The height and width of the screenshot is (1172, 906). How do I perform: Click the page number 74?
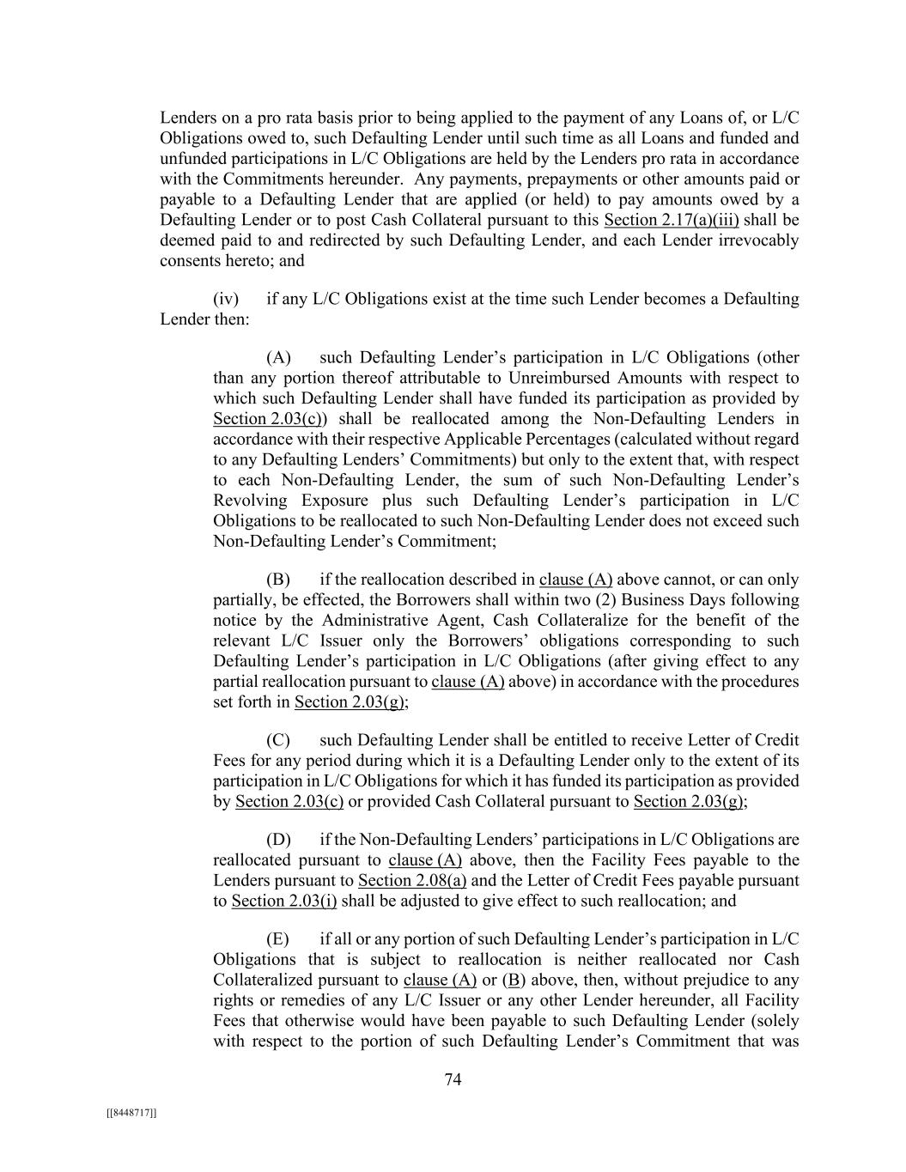tap(453, 1080)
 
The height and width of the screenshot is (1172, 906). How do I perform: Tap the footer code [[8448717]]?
tap(131, 1113)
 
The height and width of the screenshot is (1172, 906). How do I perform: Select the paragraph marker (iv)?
tap(226, 299)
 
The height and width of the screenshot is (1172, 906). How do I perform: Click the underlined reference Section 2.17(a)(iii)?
tap(671, 220)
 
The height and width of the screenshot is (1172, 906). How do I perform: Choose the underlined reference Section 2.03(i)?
tap(284, 901)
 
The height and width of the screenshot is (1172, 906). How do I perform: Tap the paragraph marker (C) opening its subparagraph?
tap(278, 740)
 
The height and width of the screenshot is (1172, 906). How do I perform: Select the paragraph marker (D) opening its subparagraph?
tap(278, 840)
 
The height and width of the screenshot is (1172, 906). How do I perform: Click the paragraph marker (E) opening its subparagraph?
tap(278, 939)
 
